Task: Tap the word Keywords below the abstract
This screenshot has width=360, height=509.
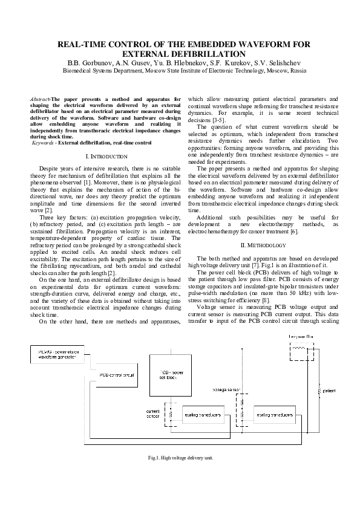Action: (42, 142)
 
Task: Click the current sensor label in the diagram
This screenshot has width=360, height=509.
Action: (153, 413)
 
